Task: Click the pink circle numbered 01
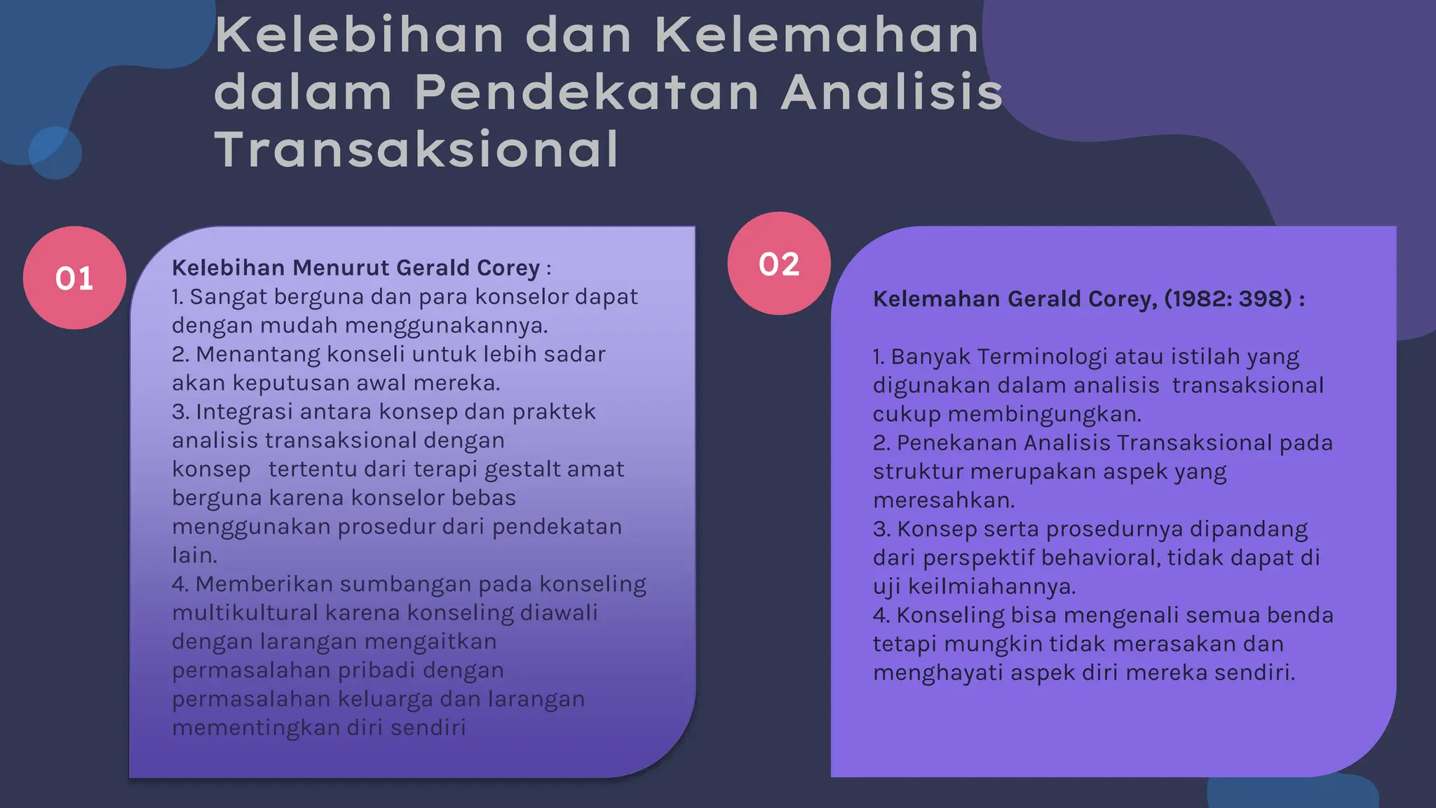click(74, 278)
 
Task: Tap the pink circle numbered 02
click(779, 264)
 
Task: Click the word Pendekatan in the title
click(587, 92)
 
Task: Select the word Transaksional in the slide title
click(417, 149)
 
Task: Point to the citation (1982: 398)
click(1228, 299)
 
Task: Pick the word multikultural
click(245, 613)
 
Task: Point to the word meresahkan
click(944, 501)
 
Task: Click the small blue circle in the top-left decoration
click(55, 153)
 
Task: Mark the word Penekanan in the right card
click(957, 443)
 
